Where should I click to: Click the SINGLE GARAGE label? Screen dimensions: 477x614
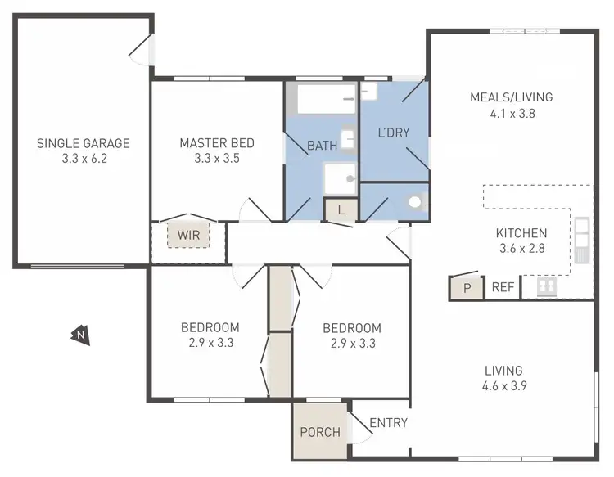84,143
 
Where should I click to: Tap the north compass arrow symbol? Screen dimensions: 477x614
80,334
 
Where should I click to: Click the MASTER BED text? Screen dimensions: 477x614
217,143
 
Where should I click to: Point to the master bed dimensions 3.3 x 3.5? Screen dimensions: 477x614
217,159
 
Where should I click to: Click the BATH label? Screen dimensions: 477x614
322,146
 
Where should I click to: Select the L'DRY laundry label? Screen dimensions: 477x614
393,132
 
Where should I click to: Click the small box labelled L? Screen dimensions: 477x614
341,210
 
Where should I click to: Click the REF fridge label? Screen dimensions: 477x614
502,287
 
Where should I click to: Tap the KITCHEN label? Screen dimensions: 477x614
521,233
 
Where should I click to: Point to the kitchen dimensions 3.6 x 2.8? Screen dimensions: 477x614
521,249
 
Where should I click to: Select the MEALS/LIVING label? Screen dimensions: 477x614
511,97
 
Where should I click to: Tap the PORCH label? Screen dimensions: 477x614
320,431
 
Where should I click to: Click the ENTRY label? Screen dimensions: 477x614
388,423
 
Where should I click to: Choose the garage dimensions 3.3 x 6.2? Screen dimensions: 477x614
84,159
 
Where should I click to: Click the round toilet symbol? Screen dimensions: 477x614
415,201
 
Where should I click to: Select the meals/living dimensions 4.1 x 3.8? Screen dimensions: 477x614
511,114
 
